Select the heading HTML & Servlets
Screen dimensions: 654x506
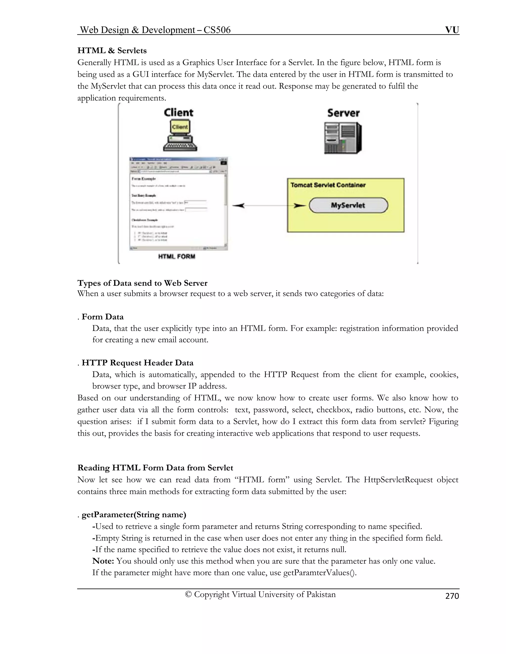click(112, 50)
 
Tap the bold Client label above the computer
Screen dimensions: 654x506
click(179, 113)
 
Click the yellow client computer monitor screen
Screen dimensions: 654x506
click(180, 127)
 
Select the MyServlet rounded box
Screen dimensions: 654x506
click(348, 205)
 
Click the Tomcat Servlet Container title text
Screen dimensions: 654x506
click(328, 185)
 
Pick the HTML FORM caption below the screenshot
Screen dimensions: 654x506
click(177, 257)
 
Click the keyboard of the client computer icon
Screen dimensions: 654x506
click(180, 147)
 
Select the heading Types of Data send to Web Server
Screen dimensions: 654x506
click(142, 283)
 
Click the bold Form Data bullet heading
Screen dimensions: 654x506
click(103, 317)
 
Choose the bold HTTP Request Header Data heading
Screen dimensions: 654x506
click(138, 363)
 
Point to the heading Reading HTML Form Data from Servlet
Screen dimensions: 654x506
click(155, 468)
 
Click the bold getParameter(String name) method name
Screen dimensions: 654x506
click(134, 515)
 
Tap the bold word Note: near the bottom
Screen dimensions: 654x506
click(103, 561)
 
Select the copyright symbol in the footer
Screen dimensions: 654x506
click(188, 595)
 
